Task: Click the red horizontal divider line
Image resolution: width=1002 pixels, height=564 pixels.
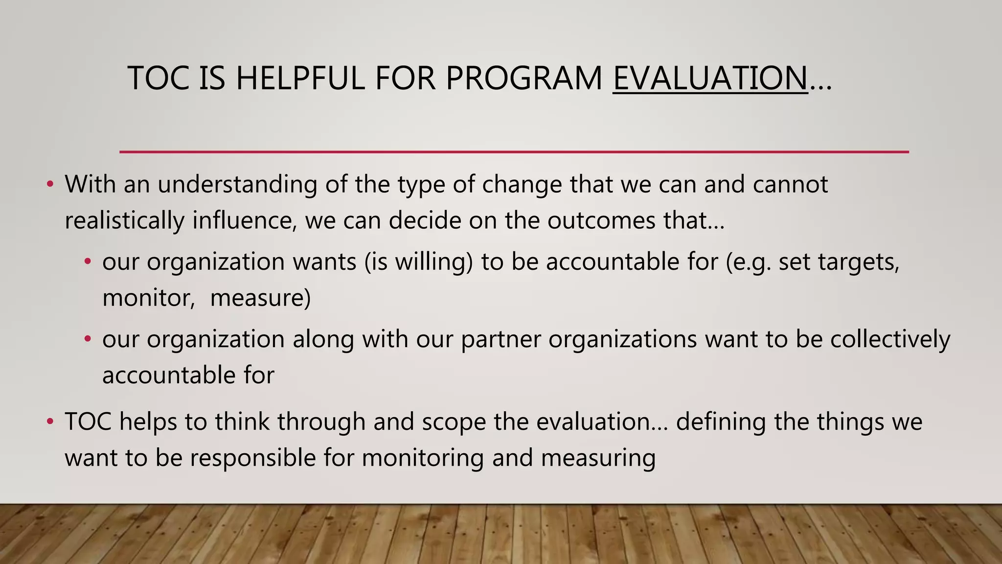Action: [x=514, y=152]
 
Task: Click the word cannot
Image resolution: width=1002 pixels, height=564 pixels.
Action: [x=790, y=185]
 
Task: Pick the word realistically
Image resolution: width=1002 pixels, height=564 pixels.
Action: [x=124, y=221]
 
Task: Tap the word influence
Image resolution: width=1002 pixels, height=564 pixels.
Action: [x=245, y=221]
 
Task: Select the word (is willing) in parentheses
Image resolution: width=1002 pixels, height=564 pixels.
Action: [x=418, y=262]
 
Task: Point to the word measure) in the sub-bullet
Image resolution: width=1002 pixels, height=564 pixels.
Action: [x=260, y=298]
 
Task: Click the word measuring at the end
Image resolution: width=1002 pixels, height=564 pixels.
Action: [x=598, y=458]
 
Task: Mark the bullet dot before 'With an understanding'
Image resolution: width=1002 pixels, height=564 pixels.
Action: [x=49, y=185]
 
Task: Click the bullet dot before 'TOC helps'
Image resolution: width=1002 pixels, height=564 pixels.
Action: [x=49, y=422]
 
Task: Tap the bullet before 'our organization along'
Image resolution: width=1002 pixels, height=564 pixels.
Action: [x=88, y=339]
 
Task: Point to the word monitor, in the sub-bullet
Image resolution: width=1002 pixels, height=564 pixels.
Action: [x=149, y=298]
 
